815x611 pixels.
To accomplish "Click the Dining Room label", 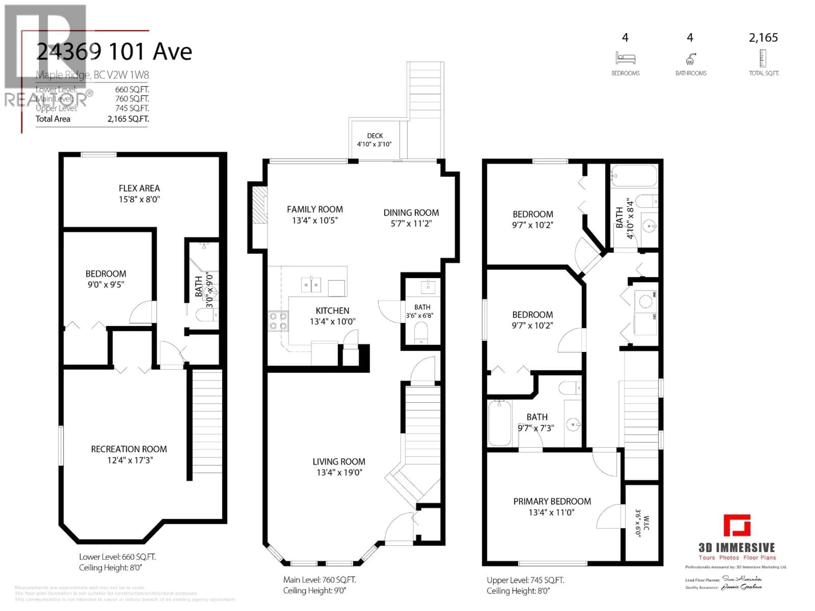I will [411, 213].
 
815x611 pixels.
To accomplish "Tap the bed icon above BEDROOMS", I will [625, 58].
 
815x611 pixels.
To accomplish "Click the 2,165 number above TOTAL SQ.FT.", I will [763, 38].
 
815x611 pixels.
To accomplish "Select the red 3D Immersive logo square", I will [737, 526].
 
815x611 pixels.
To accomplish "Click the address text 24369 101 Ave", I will [114, 52].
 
